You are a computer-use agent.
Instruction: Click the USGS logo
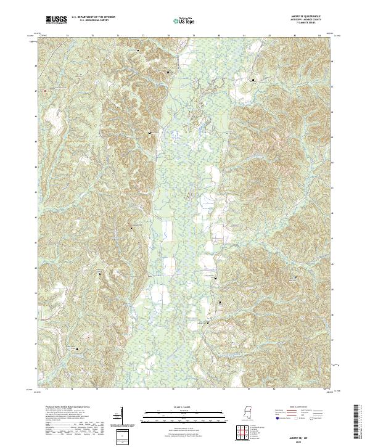(x=56, y=20)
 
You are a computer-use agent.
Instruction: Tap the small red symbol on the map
(x=44, y=91)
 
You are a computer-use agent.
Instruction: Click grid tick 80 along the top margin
(x=219, y=36)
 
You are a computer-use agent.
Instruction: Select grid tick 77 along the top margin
(x=143, y=36)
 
